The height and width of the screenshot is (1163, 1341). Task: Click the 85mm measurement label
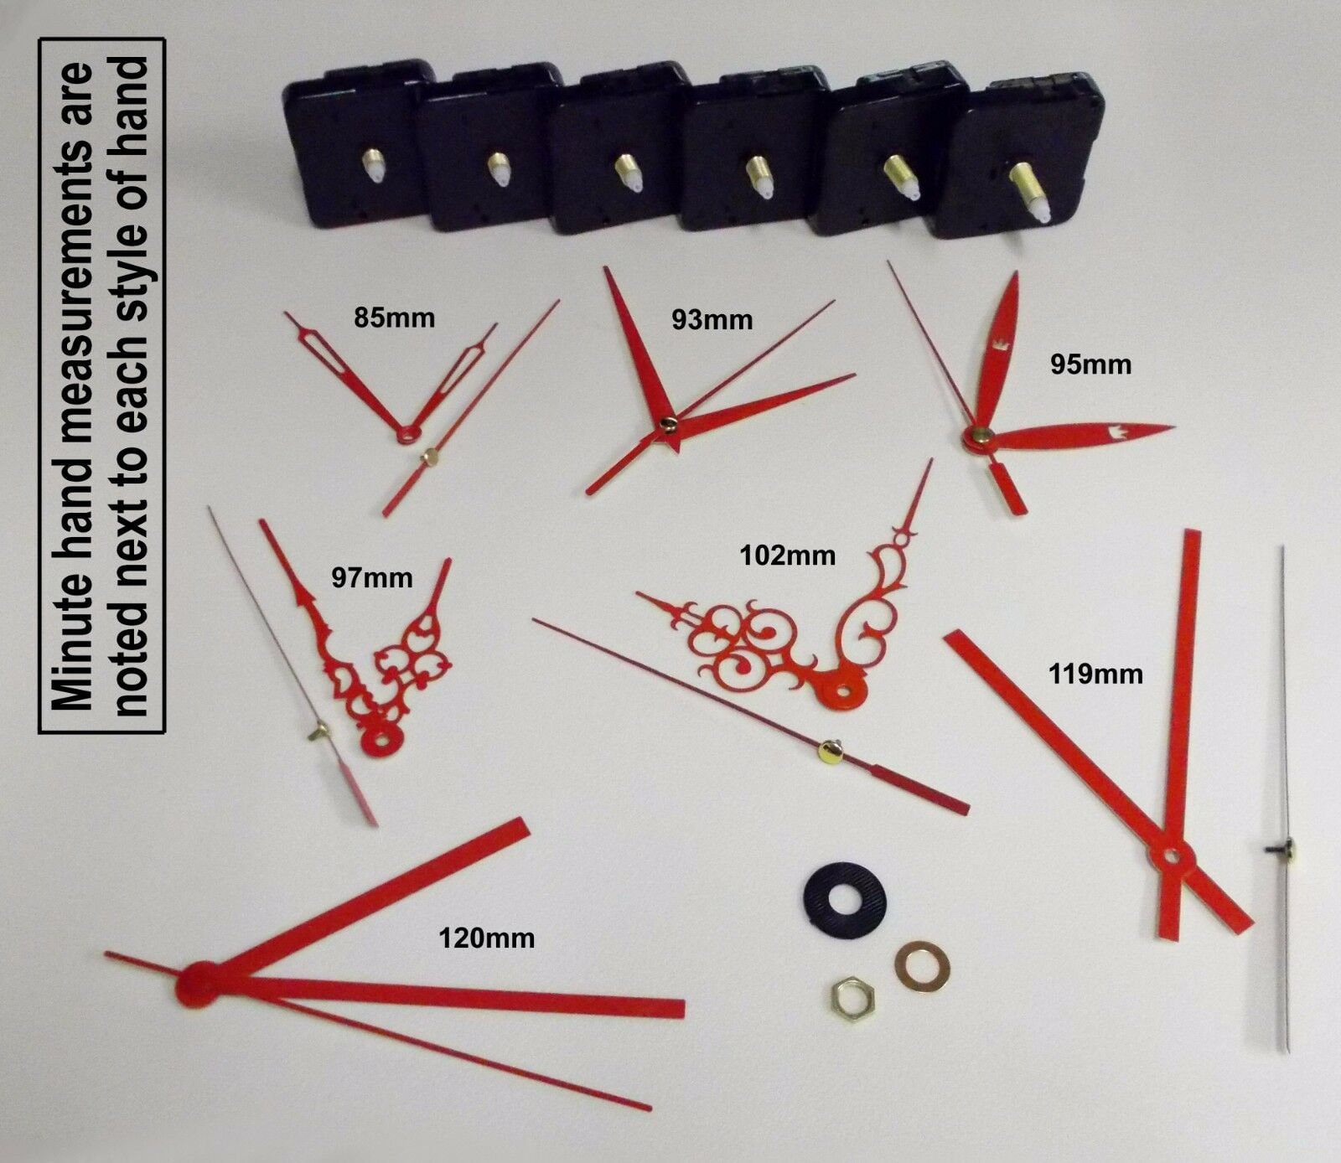(x=394, y=318)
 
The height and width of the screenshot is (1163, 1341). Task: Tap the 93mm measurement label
(x=712, y=320)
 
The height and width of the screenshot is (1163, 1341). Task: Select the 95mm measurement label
(x=1090, y=364)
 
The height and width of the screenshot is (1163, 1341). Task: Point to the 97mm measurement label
(x=371, y=577)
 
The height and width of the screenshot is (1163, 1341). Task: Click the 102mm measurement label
(x=787, y=555)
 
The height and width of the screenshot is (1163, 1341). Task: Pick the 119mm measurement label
(x=1095, y=674)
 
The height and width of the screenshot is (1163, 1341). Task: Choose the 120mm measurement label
(x=486, y=938)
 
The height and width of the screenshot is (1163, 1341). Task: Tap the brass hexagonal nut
(x=850, y=998)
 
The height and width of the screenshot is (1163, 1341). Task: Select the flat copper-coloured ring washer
(x=922, y=966)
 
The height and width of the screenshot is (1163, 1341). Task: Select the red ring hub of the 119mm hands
(x=1173, y=856)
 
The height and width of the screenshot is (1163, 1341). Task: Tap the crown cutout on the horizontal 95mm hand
(x=1116, y=432)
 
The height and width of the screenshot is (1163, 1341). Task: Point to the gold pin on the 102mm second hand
(x=830, y=751)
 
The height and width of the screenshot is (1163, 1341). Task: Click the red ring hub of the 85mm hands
(x=410, y=433)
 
